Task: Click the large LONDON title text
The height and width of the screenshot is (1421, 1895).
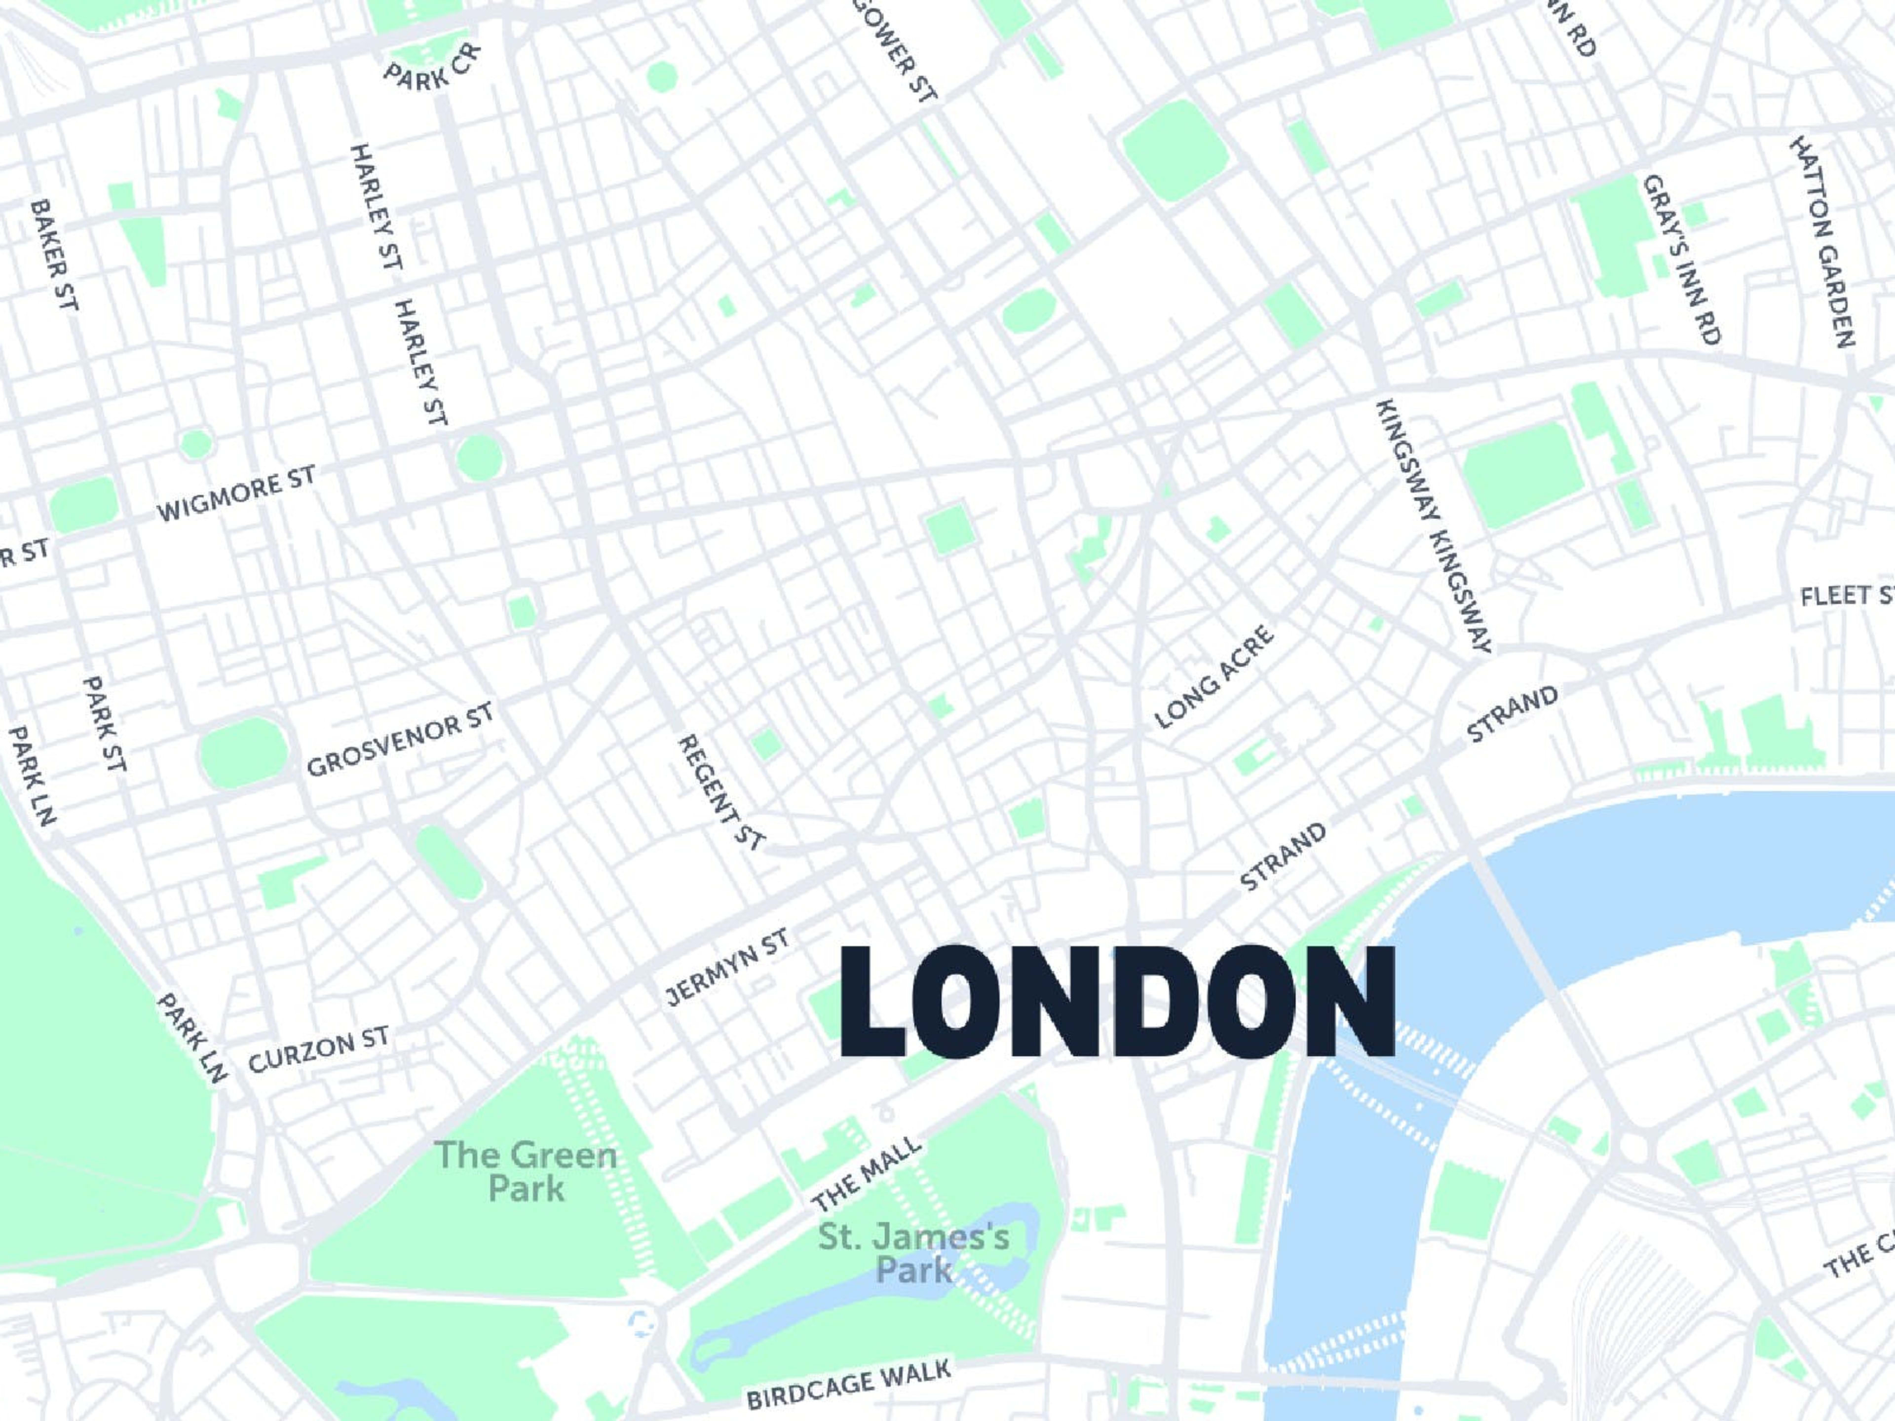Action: pyautogui.click(x=1116, y=1001)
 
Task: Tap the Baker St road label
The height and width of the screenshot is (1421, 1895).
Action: pyautogui.click(x=54, y=255)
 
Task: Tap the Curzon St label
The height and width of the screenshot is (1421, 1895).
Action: pyautogui.click(x=319, y=1049)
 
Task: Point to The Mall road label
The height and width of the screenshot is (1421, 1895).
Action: pyautogui.click(x=867, y=1175)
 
